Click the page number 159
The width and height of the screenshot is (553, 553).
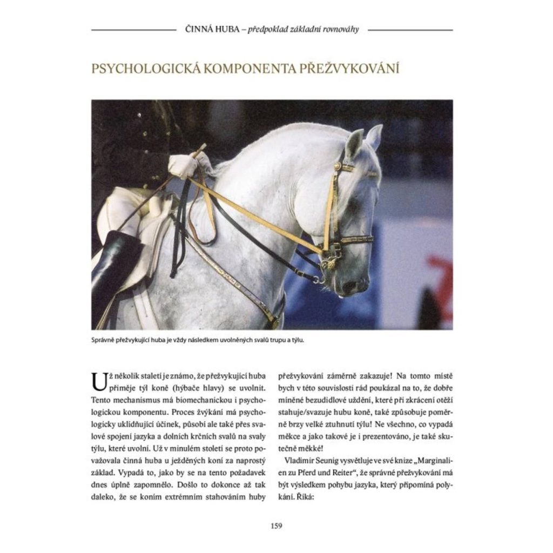pyautogui.click(x=276, y=525)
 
